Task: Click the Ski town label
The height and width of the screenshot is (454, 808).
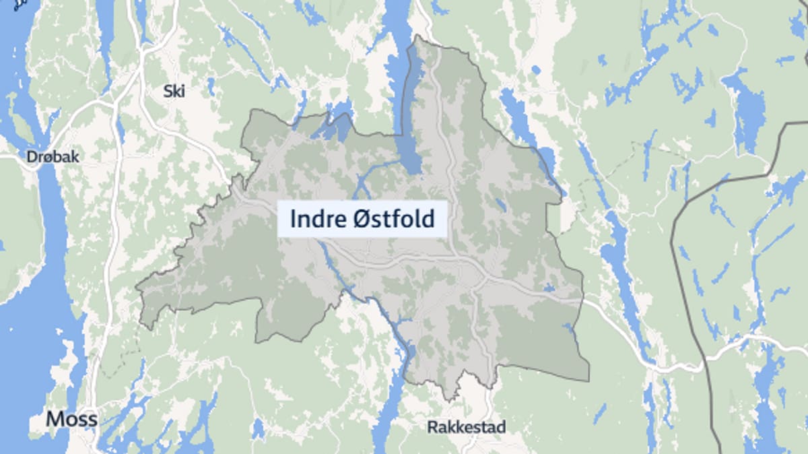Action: pyautogui.click(x=174, y=91)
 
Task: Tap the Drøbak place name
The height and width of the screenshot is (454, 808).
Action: pyautogui.click(x=53, y=157)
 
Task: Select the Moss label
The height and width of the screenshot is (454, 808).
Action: pyautogui.click(x=71, y=419)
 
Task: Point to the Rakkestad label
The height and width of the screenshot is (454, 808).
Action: pyautogui.click(x=466, y=427)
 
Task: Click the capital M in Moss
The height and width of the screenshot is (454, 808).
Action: pyautogui.click(x=54, y=419)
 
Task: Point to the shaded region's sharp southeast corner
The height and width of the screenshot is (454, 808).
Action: pyautogui.click(x=588, y=380)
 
